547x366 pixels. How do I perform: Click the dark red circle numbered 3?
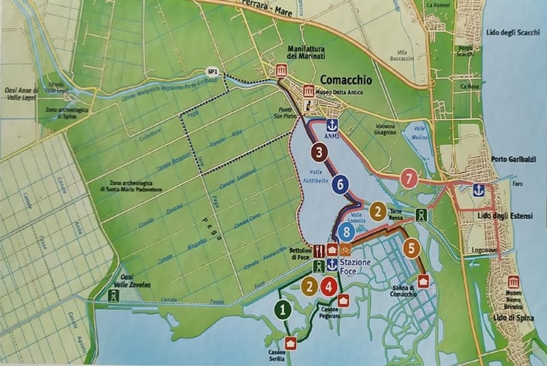pyautogui.click(x=319, y=151)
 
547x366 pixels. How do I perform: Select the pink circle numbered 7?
pyautogui.click(x=410, y=179)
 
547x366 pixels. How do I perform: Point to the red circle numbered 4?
pyautogui.click(x=330, y=287)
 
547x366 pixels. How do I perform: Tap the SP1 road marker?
pyautogui.click(x=213, y=70)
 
